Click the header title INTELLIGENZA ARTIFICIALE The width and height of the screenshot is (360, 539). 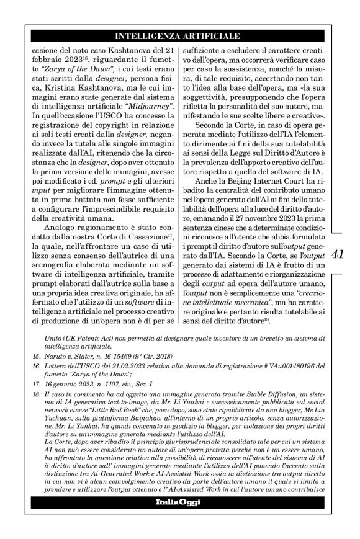click(x=179, y=36)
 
